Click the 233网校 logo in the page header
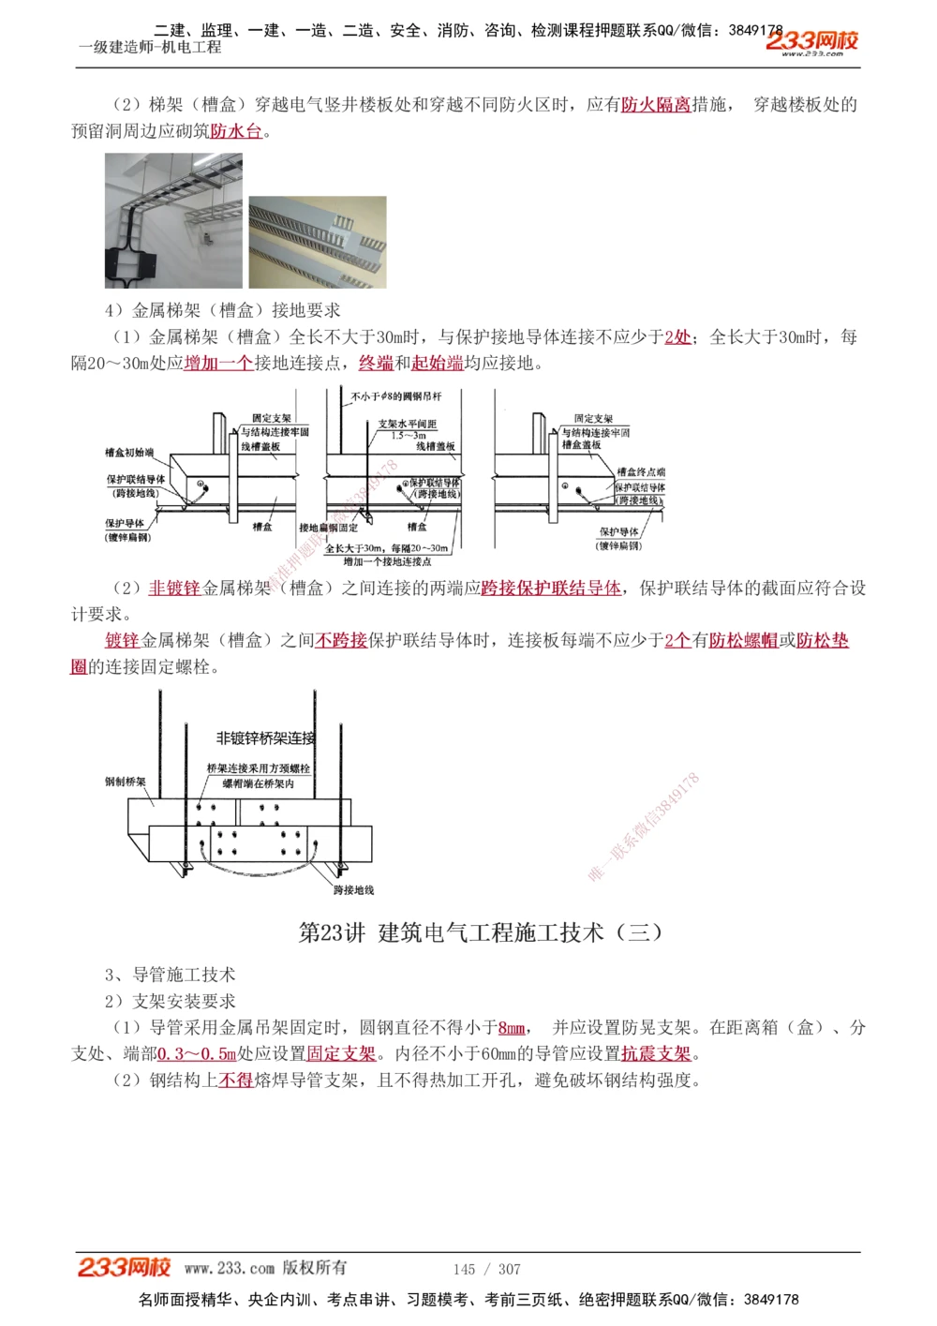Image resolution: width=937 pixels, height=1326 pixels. (x=811, y=42)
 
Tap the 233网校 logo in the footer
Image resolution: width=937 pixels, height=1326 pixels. (x=124, y=1268)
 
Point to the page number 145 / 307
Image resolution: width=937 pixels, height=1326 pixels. (x=486, y=1269)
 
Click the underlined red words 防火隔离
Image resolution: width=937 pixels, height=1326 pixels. (x=656, y=105)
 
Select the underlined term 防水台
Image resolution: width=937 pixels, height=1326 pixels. (x=236, y=131)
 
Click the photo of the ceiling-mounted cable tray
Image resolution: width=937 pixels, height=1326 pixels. (x=173, y=221)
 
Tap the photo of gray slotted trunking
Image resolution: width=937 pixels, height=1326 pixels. (x=317, y=242)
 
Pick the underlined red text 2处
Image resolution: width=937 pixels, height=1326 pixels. (x=677, y=337)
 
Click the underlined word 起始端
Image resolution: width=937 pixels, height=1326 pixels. (x=438, y=364)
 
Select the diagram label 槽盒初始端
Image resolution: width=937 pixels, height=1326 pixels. (x=129, y=453)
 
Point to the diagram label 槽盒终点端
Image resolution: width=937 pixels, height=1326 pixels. (x=641, y=472)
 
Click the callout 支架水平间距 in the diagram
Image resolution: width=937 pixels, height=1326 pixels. (x=408, y=425)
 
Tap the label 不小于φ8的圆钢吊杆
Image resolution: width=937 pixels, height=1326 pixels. (x=396, y=396)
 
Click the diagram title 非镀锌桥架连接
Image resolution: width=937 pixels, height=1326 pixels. (x=266, y=738)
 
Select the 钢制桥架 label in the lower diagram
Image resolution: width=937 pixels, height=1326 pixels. (x=125, y=782)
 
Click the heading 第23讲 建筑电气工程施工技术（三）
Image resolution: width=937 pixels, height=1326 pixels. (x=481, y=932)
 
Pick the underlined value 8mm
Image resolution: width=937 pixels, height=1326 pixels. (x=512, y=1028)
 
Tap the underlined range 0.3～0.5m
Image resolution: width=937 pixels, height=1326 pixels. (x=197, y=1054)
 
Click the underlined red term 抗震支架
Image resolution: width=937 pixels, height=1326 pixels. (x=656, y=1054)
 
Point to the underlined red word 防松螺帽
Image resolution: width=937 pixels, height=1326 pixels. (x=743, y=641)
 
